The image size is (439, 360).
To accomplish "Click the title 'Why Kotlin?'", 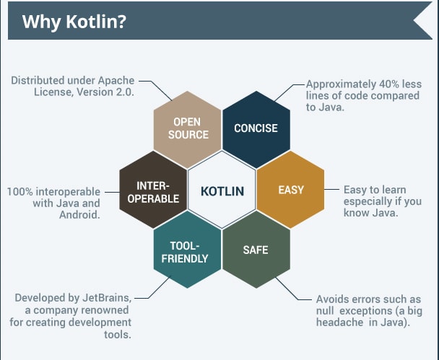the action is (x=74, y=22).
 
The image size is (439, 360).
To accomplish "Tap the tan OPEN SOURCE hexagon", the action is (x=187, y=130).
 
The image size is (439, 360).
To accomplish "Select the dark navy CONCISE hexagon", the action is (x=256, y=130).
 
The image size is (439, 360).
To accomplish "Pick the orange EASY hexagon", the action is (x=290, y=190).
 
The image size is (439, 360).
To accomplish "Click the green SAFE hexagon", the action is (x=256, y=250).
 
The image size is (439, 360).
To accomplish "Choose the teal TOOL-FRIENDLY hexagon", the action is (x=187, y=250).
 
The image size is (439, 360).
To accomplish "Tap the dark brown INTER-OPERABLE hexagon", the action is (x=153, y=190).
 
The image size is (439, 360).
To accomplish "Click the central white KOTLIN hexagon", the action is (x=222, y=190).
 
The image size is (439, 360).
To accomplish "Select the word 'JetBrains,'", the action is (x=107, y=298).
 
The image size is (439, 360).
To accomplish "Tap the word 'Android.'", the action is (x=80, y=214).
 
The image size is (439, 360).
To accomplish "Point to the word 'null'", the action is (x=325, y=311).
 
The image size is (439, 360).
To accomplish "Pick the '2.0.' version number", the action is (x=125, y=92).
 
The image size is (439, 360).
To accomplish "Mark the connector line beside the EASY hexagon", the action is (x=331, y=189).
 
